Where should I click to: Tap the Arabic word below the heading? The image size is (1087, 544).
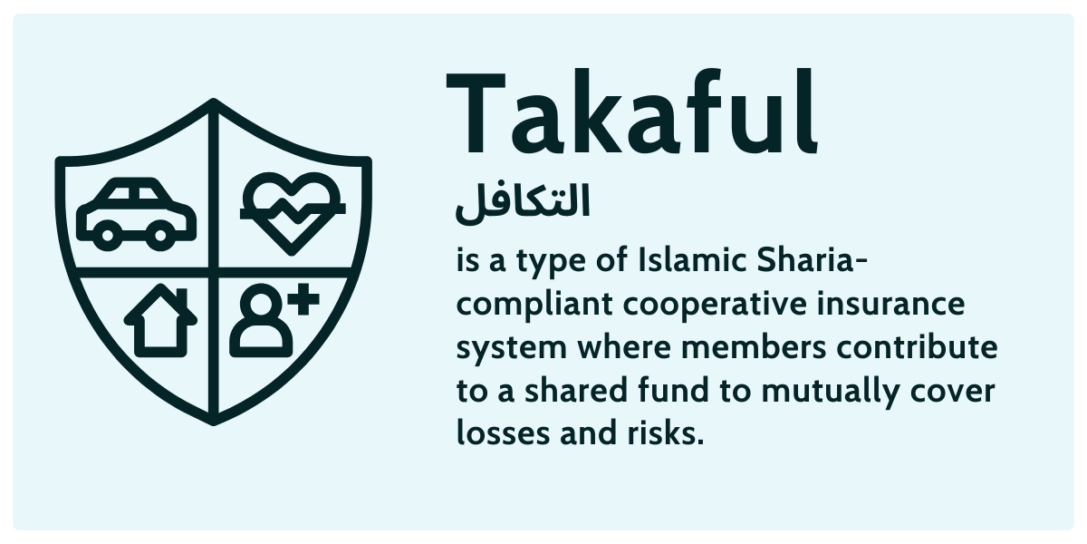pyautogui.click(x=522, y=201)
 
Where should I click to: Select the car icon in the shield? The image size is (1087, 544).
pyautogui.click(x=137, y=214)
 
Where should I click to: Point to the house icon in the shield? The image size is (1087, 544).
pyautogui.click(x=160, y=321)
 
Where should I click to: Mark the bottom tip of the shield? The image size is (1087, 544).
pyautogui.click(x=213, y=421)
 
